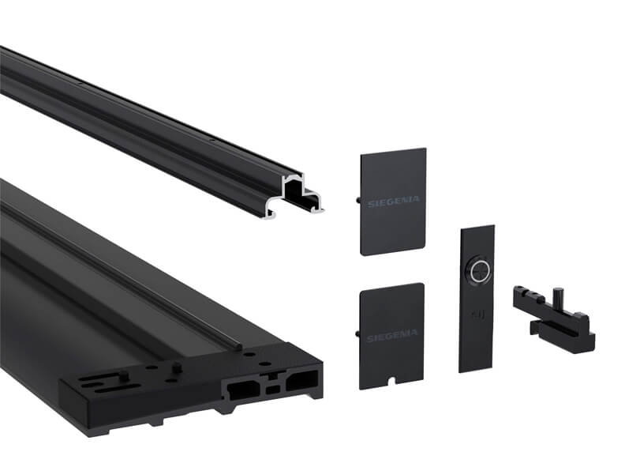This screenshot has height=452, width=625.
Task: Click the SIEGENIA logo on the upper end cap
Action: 394,202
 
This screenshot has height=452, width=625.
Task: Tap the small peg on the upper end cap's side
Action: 357,199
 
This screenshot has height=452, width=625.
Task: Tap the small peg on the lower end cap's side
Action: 357,333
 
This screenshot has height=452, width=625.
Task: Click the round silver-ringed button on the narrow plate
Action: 479,272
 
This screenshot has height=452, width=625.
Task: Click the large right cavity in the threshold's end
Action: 302,380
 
